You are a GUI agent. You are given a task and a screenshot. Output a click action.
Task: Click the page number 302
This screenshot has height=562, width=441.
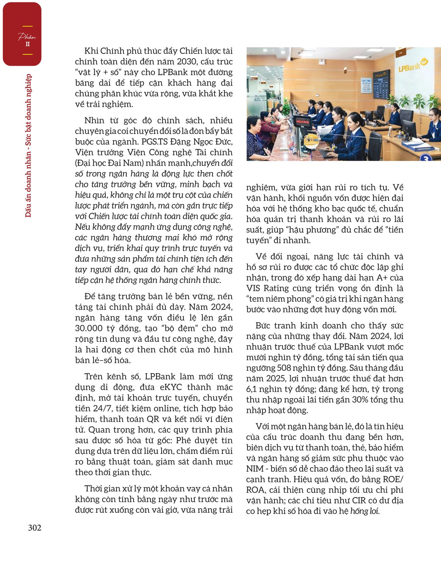[x=34, y=528]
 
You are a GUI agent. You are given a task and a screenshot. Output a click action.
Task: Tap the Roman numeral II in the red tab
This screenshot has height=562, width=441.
[x=27, y=44]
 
